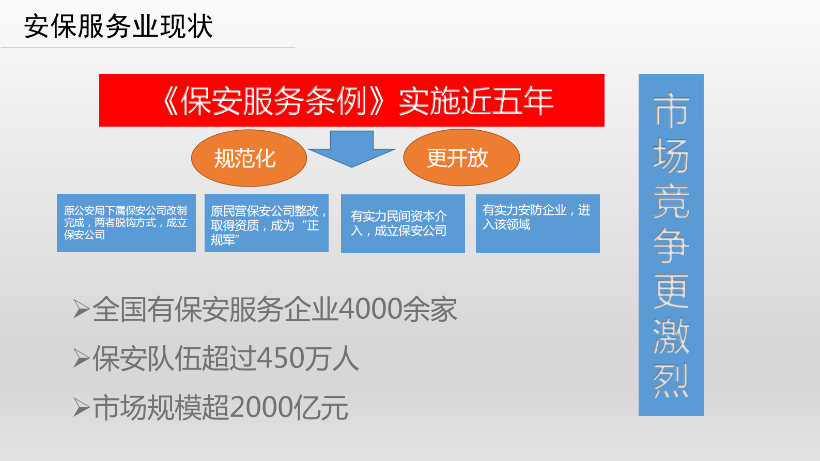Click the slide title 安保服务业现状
(118, 26)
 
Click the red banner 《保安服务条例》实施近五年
(351, 100)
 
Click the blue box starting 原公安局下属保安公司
(126, 223)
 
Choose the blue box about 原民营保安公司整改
(266, 223)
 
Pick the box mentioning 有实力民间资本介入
(403, 223)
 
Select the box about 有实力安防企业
(537, 223)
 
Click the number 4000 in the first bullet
(370, 309)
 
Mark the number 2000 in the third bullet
(261, 408)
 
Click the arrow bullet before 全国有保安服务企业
(82, 309)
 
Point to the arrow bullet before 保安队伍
(82, 358)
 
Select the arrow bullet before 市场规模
(82, 408)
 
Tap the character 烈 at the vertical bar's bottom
(671, 381)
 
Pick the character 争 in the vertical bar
(671, 245)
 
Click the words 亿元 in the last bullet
(321, 408)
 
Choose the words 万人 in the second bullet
(331, 358)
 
